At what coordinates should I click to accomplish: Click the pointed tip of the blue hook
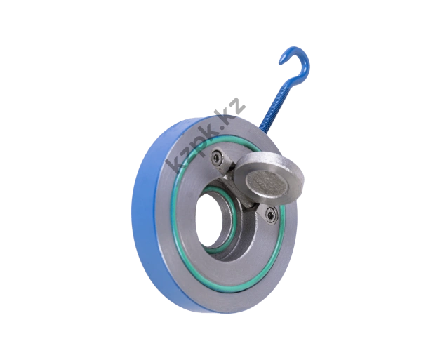coord(280,63)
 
